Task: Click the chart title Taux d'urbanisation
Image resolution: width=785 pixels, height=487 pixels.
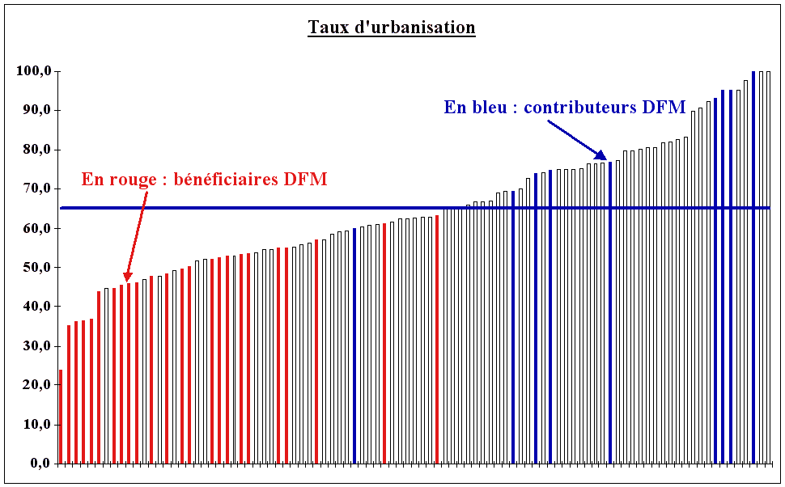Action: [391, 28]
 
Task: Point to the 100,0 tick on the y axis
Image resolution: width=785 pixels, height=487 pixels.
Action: [34, 71]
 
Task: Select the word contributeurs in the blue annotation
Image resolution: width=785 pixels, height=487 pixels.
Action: [575, 107]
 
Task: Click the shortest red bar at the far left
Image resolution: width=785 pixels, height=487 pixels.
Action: [61, 417]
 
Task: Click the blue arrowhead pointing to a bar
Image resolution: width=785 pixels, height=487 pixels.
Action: [600, 155]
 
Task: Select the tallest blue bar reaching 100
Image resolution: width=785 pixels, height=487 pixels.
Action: [753, 267]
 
